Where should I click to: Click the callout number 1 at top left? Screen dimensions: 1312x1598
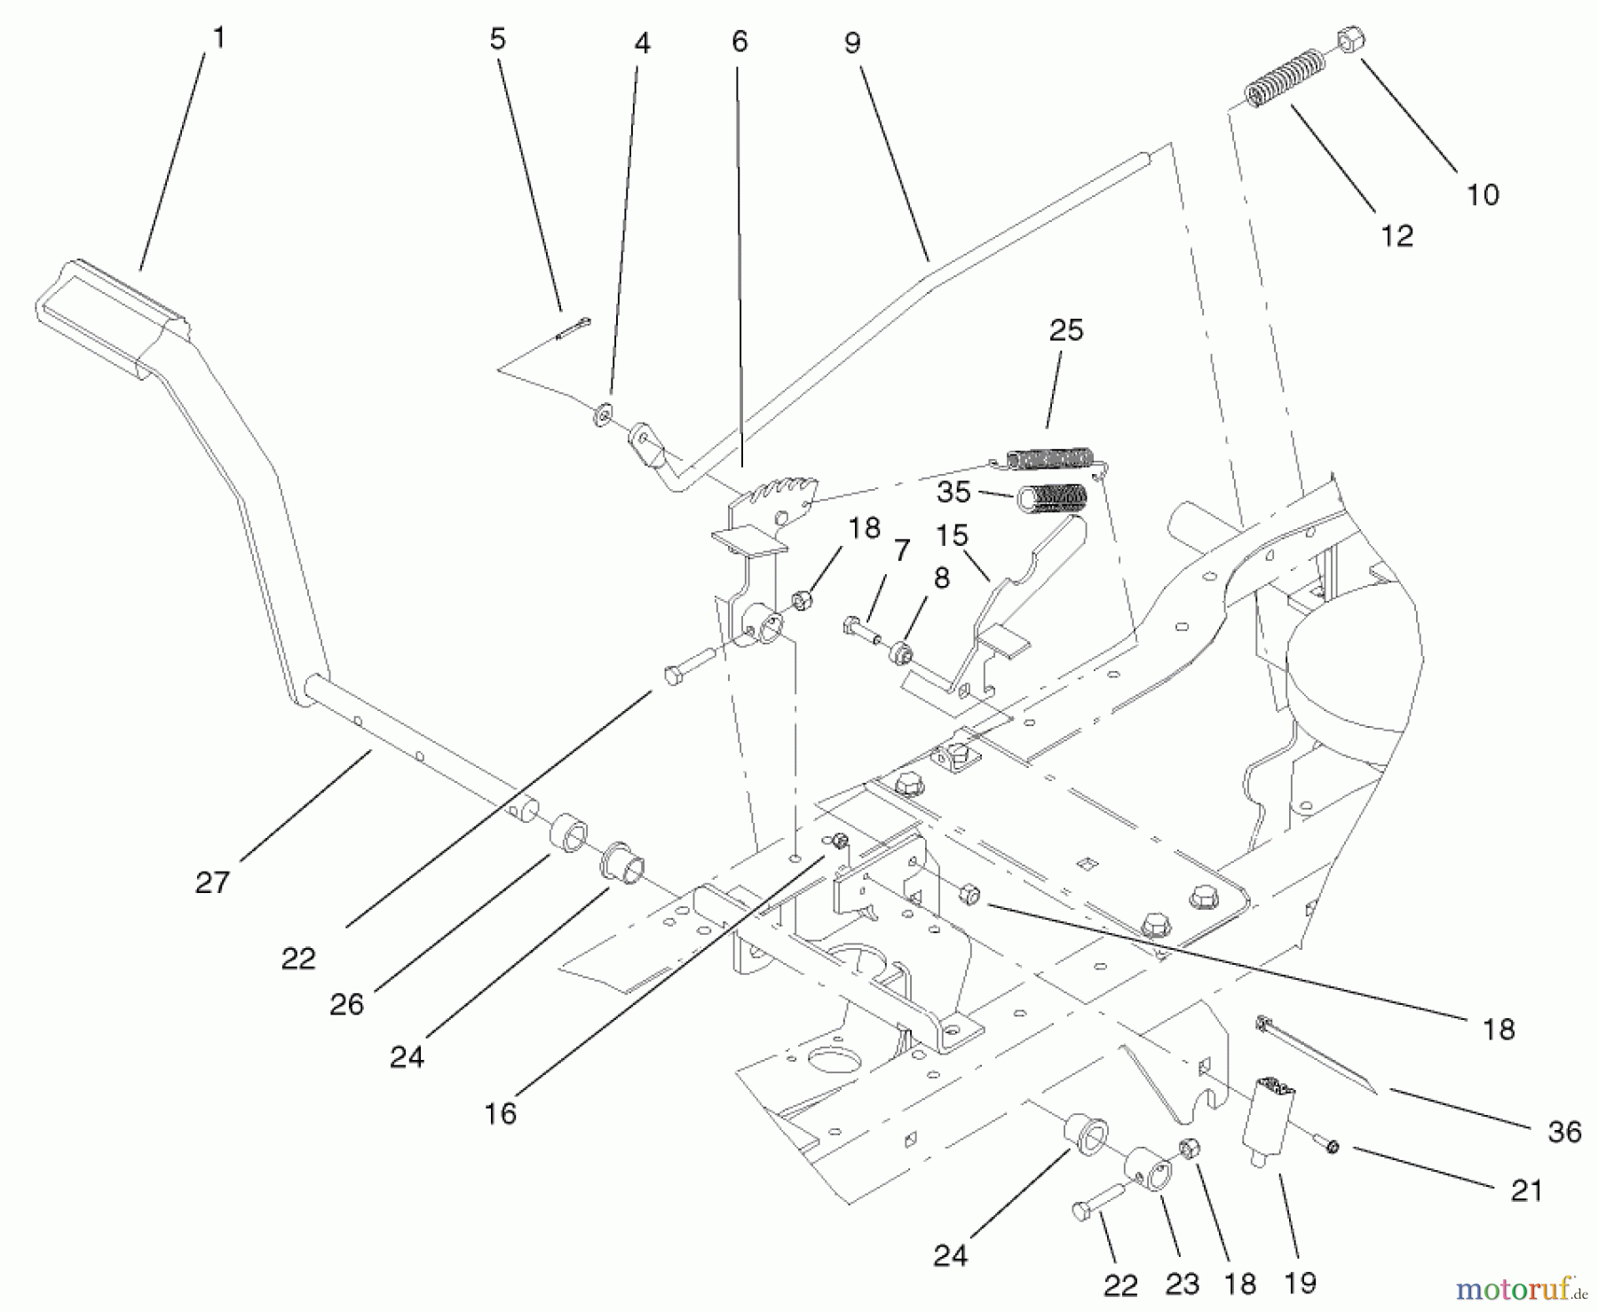(219, 38)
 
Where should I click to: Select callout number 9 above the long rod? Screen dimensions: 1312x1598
(852, 43)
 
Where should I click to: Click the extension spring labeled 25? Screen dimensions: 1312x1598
(1048, 458)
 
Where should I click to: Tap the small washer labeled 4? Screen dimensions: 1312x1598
(604, 414)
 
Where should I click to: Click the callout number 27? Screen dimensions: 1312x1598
(212, 881)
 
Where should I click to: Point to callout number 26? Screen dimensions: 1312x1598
(346, 1004)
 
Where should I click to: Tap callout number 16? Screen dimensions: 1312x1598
(500, 1113)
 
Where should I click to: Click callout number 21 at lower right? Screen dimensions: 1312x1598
(1526, 1189)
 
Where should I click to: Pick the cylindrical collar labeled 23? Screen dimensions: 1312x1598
(1150, 1172)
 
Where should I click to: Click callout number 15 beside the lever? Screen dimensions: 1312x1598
(952, 535)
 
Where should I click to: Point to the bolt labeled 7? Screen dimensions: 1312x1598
(857, 628)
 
